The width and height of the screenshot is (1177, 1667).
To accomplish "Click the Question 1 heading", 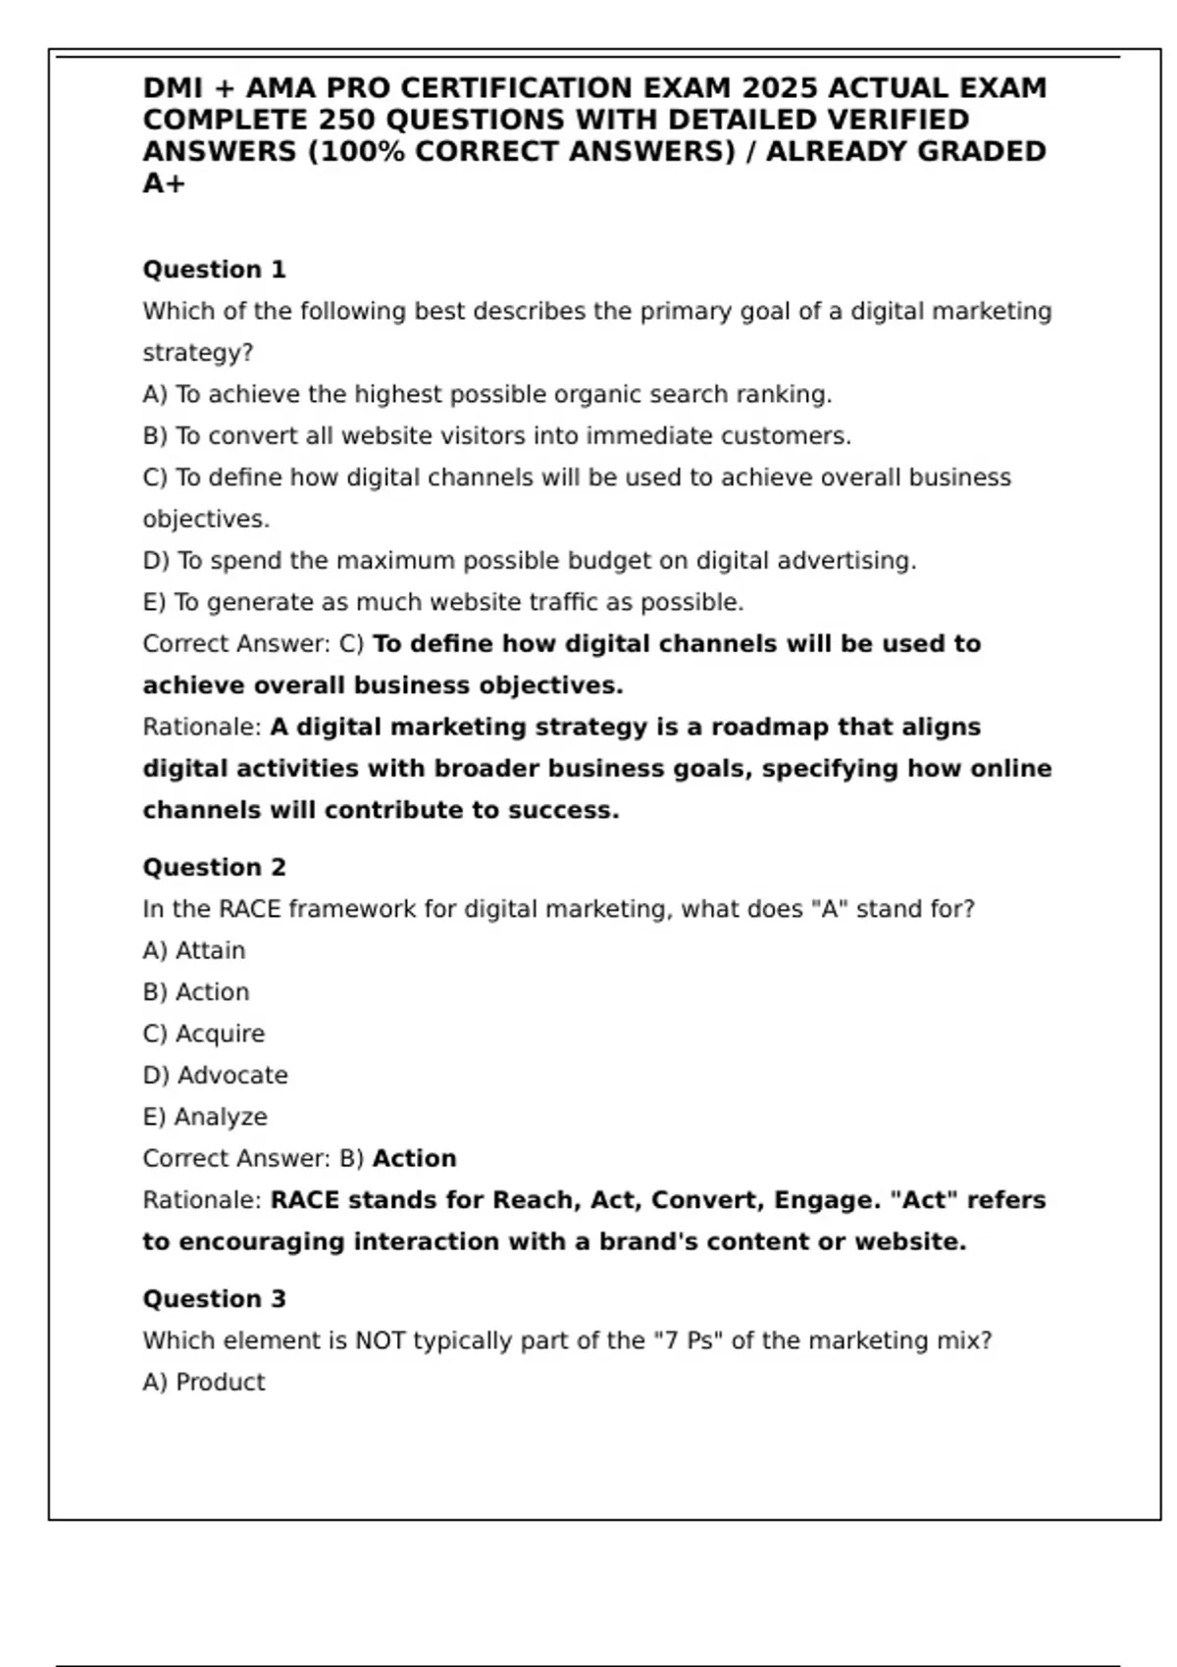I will [214, 270].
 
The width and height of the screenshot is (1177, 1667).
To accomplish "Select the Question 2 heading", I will [214, 868].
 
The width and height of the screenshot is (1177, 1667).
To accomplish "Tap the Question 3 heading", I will [214, 1299].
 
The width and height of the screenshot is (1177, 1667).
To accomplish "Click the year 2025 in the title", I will [781, 88].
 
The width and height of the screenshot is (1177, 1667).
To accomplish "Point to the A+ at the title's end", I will [164, 183].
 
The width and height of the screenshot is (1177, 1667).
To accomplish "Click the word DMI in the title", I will [174, 88].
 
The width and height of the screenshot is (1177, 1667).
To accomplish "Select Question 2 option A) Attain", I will [194, 950].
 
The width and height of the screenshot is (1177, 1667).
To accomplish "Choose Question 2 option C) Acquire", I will [203, 1034].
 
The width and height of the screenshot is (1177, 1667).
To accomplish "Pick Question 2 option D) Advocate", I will [215, 1076].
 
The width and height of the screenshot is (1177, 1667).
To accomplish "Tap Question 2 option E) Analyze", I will [204, 1117].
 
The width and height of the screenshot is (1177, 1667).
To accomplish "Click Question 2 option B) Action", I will [196, 992].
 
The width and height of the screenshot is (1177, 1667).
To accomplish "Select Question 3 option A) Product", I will [204, 1382].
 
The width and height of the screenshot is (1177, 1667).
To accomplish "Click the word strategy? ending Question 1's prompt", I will [197, 353].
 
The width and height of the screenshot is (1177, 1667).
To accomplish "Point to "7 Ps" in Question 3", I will [688, 1340].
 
